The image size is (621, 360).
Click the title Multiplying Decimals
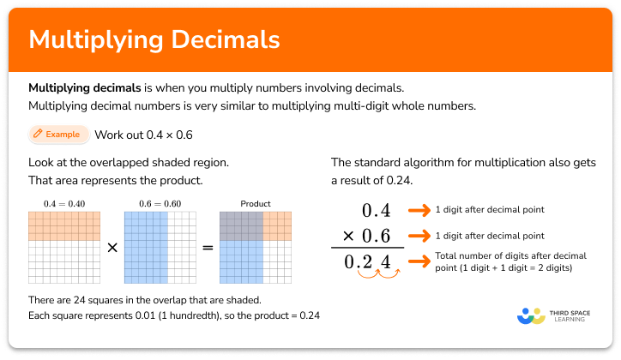154,40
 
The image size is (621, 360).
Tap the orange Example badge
57,135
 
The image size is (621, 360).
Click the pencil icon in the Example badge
38,135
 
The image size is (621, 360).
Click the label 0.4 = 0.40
64,203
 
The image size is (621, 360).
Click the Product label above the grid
256,204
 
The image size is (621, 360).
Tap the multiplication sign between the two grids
112,247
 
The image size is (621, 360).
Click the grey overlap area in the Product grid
241,225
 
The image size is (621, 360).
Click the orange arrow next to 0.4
418,210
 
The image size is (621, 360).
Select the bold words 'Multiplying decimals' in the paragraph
75,88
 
